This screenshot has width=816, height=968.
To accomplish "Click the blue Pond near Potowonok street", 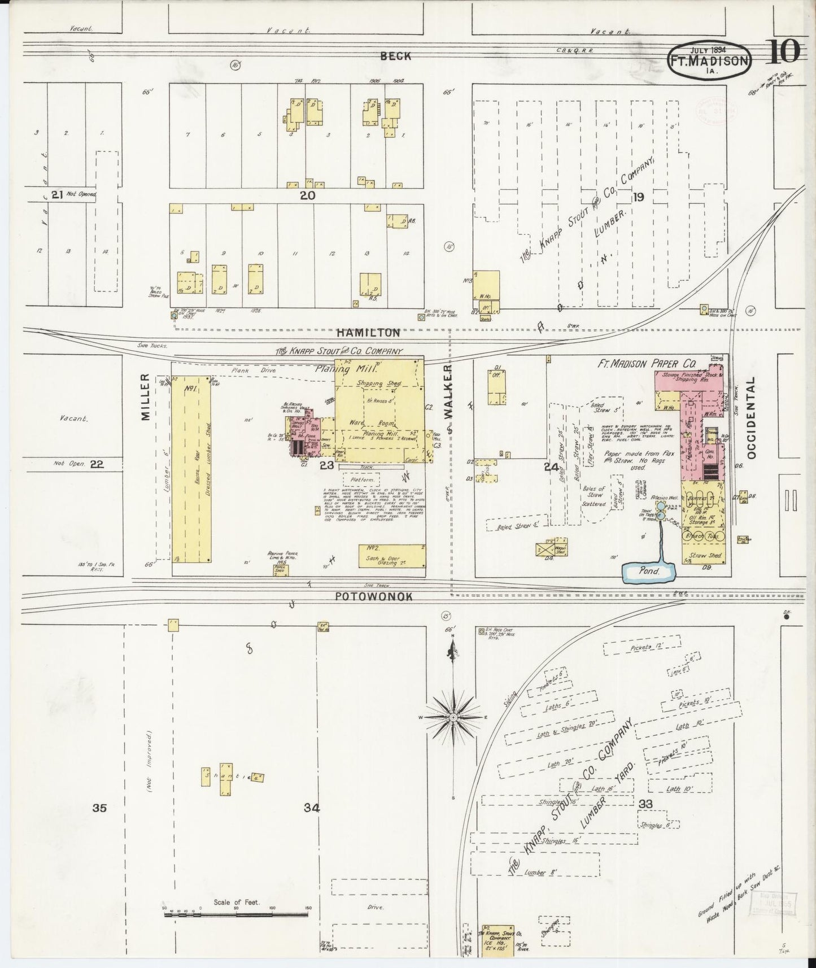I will tap(649, 572).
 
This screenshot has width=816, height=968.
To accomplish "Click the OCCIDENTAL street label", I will tap(750, 418).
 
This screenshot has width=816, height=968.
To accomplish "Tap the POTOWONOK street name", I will tap(375, 596).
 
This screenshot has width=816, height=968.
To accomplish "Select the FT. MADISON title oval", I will tap(709, 59).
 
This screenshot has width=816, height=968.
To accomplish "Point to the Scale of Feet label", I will tap(236, 902).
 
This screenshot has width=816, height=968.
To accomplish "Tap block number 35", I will tap(99, 808).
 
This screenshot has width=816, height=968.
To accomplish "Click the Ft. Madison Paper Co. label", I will tap(647, 364).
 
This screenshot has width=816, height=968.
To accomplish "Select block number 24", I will tap(551, 466).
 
